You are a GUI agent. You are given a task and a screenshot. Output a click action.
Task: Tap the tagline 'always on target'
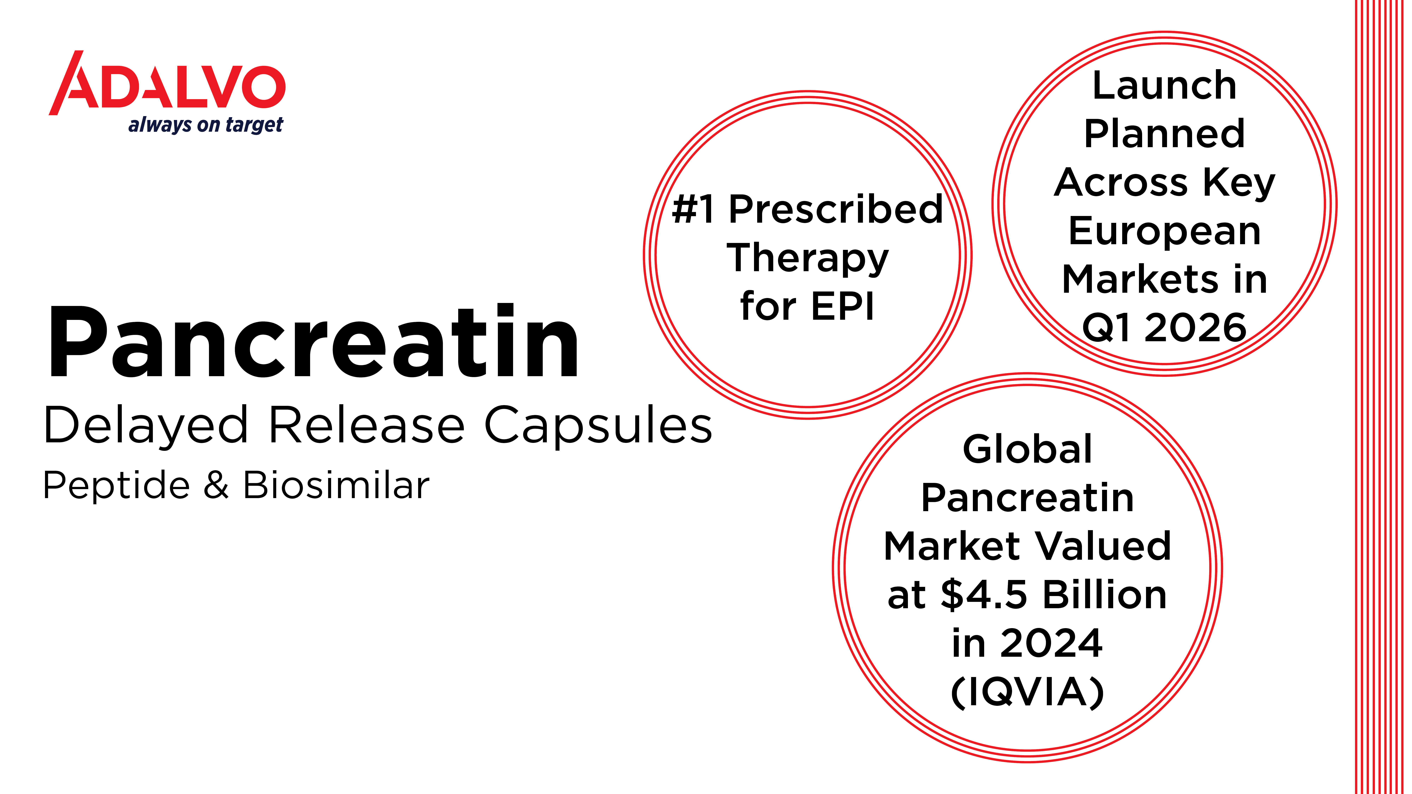click(x=206, y=125)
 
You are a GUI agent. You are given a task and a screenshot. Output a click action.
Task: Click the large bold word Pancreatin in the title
click(x=313, y=342)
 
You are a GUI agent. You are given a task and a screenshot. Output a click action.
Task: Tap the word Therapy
click(x=807, y=259)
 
